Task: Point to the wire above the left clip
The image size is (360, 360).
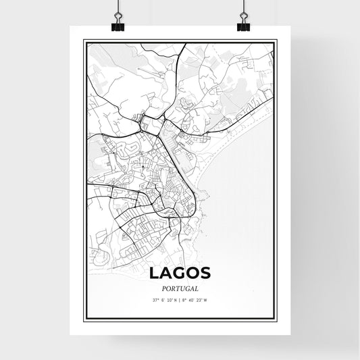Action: click(x=117, y=8)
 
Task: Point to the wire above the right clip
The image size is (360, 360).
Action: click(x=242, y=8)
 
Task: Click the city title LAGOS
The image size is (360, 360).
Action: click(x=180, y=272)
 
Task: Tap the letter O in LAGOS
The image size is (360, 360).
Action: click(x=195, y=272)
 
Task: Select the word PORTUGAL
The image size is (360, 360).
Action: click(x=180, y=286)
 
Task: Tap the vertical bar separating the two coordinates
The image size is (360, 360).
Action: click(x=180, y=299)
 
